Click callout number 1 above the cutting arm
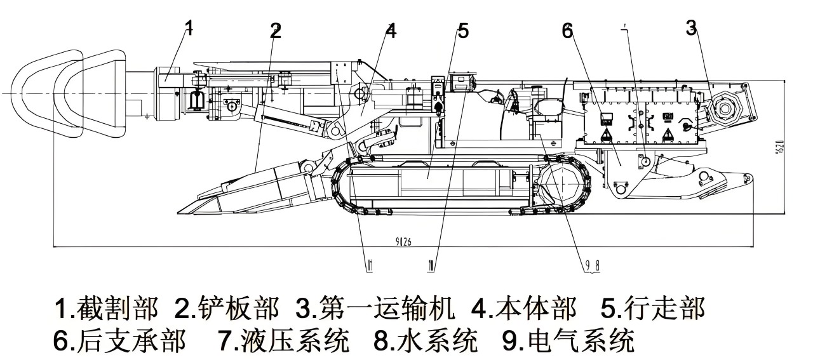pos(189,27)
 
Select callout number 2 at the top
pos(275,30)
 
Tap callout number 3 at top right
pos(692,27)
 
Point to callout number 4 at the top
pos(391,30)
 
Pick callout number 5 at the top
pos(463,30)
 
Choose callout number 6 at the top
pos(567,30)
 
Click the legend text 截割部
pos(116,309)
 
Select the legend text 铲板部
pos(238,309)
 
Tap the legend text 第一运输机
pos(386,309)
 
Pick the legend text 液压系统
pos(295,341)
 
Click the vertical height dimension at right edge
pos(796,147)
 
